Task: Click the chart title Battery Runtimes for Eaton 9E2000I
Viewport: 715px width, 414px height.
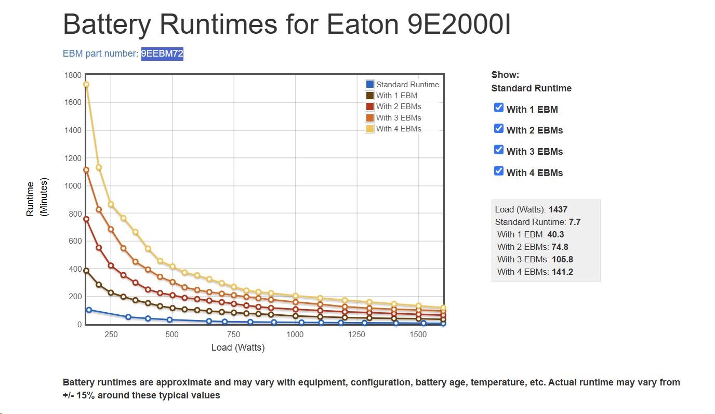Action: [x=286, y=24]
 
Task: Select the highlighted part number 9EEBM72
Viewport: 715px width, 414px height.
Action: [x=162, y=54]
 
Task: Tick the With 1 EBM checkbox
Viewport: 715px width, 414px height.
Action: [x=499, y=108]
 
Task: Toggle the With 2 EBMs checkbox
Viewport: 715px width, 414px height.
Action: [x=499, y=128]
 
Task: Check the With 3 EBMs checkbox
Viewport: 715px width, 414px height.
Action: [x=499, y=150]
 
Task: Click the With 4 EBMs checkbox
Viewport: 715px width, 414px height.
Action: [x=499, y=171]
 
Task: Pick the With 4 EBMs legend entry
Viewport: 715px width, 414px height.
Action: [x=399, y=129]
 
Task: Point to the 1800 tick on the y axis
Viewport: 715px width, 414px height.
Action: [x=73, y=75]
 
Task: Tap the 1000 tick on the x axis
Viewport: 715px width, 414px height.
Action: [x=295, y=335]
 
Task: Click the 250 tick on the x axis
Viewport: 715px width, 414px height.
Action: [x=111, y=335]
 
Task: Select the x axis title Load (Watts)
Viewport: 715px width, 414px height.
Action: [x=238, y=348]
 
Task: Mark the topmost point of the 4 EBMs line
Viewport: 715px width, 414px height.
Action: [x=86, y=85]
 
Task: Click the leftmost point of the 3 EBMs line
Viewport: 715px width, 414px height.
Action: [x=86, y=170]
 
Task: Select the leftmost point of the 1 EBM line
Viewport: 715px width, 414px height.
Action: [x=86, y=271]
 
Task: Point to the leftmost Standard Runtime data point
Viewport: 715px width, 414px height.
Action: [x=89, y=310]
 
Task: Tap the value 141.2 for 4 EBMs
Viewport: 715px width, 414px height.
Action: [x=562, y=272]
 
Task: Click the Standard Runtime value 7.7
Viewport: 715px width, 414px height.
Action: [x=575, y=222]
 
